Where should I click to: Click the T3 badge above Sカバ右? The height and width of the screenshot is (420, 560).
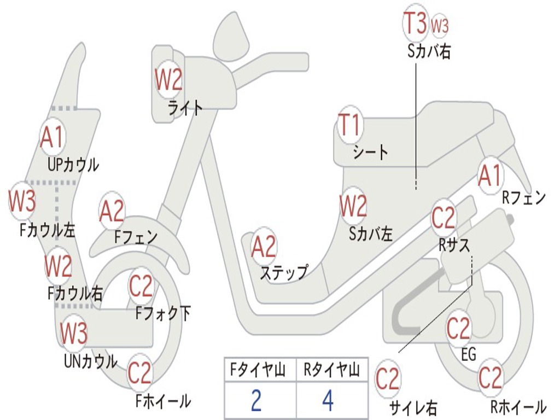(x=415, y=24)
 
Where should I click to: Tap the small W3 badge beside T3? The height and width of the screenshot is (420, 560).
(x=440, y=25)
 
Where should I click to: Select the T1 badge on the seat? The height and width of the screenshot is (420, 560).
(x=349, y=126)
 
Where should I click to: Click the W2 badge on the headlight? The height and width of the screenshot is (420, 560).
(x=168, y=81)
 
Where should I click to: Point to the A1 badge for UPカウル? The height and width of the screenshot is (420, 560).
(x=52, y=137)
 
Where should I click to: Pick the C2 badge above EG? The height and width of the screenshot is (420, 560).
(x=458, y=329)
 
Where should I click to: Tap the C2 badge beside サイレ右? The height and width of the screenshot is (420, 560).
(x=388, y=379)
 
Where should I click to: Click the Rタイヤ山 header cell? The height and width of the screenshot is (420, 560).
(x=331, y=371)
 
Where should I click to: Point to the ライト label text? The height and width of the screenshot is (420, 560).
(x=185, y=107)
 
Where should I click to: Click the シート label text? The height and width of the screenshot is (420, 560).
(x=370, y=152)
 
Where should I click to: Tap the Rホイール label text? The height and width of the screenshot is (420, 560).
(x=518, y=407)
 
